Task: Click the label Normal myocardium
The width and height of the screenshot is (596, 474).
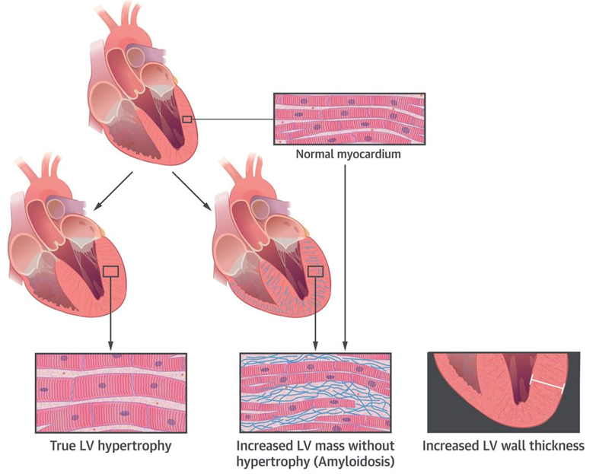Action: pos(348,154)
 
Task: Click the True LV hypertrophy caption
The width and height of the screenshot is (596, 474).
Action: pos(110,446)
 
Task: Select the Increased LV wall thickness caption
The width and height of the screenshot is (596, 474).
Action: pos(503,446)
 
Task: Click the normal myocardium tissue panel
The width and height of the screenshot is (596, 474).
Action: pos(349,119)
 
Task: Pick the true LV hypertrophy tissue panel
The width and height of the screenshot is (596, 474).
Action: pos(110,393)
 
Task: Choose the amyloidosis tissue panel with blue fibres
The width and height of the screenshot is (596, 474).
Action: pos(315,393)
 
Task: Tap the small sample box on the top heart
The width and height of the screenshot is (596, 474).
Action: pos(187,119)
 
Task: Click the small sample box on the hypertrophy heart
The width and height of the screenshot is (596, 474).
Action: pos(110,271)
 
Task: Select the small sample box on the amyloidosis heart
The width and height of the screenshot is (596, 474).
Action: pos(314,271)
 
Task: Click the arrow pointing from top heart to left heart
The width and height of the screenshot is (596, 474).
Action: pos(113,190)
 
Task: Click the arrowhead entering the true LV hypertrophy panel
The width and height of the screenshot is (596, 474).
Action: pos(110,347)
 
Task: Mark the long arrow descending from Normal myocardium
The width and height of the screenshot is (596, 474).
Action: pos(346,251)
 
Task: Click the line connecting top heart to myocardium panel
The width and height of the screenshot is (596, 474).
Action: pos(232,119)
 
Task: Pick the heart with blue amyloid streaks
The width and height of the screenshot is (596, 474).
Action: pos(274,243)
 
